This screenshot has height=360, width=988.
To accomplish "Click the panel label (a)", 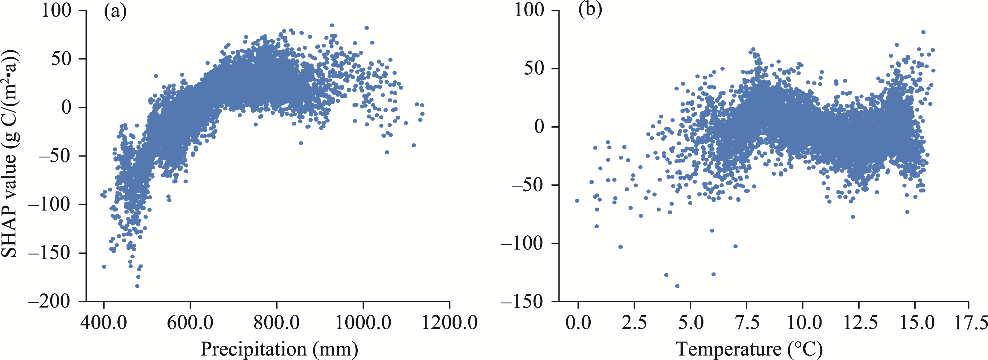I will click(115, 12).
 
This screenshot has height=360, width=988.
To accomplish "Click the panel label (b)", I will click(590, 9).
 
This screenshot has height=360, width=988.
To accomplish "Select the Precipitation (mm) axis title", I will click(279, 349).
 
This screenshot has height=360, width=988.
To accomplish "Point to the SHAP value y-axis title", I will click(11, 153).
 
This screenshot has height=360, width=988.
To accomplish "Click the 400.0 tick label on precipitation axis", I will click(103, 322).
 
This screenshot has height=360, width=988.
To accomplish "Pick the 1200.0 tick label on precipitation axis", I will click(450, 322).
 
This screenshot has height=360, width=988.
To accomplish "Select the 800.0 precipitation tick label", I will click(276, 322).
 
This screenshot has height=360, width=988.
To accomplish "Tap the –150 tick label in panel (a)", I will click(50, 253).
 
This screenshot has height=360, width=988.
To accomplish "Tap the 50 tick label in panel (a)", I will click(61, 59).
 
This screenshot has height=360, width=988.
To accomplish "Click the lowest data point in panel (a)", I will click(137, 286).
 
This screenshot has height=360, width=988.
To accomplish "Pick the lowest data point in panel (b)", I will click(677, 286).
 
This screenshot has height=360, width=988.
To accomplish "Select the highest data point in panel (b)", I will click(923, 32).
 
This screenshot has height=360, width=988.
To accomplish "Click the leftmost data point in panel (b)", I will click(577, 201).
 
